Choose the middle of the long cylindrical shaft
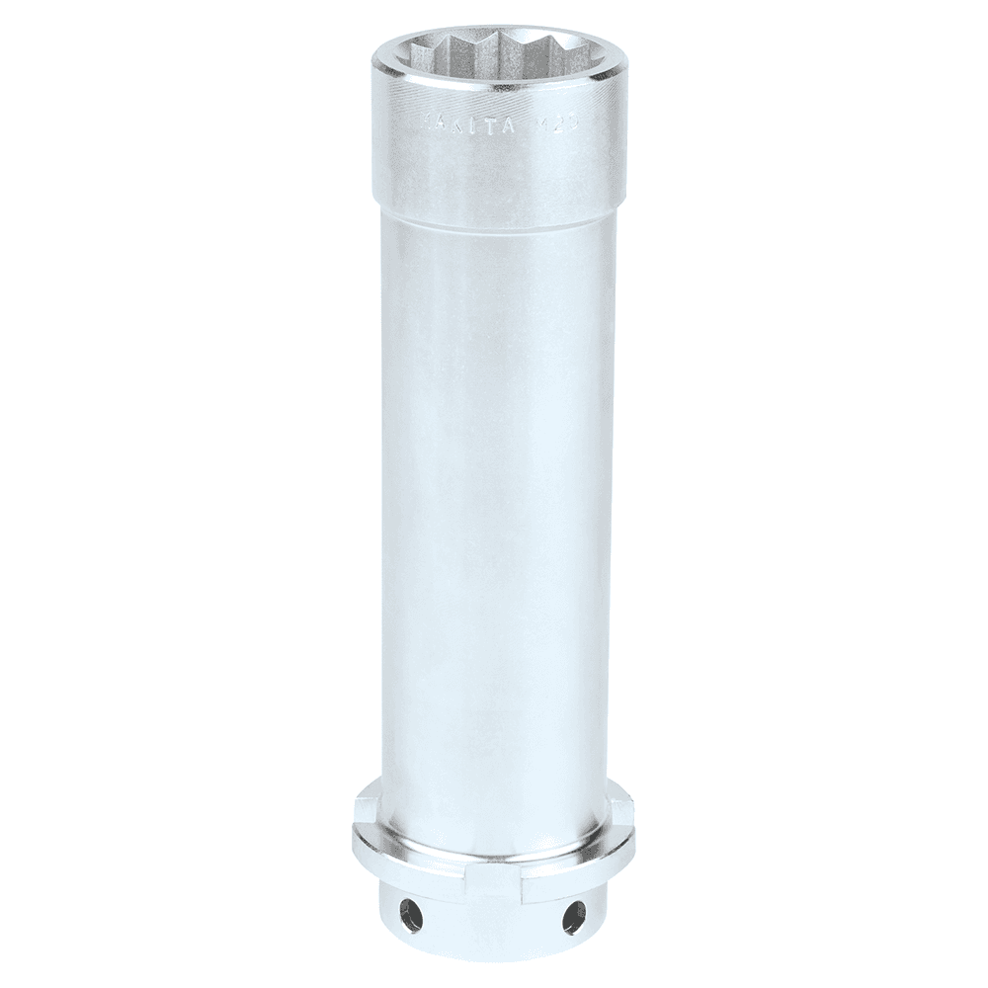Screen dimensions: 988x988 click(493, 494)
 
